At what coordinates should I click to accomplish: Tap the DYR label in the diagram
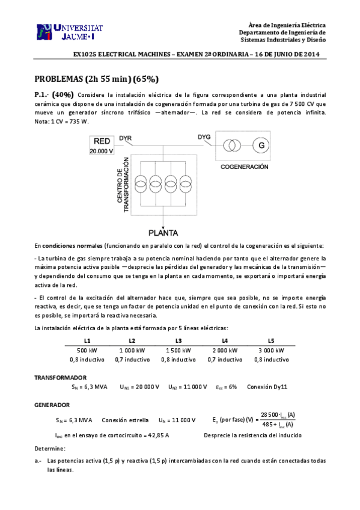point(126,138)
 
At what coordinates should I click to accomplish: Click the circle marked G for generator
point(261,146)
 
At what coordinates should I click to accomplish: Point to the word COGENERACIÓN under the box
point(244,166)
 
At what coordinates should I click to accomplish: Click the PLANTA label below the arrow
point(165,231)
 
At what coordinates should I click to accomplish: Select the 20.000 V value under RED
point(102,152)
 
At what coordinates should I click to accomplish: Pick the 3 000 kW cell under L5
point(271,350)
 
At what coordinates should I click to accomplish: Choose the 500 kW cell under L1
point(84,350)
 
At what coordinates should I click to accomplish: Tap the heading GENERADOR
point(52,405)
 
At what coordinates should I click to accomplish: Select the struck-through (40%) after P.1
point(63,95)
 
